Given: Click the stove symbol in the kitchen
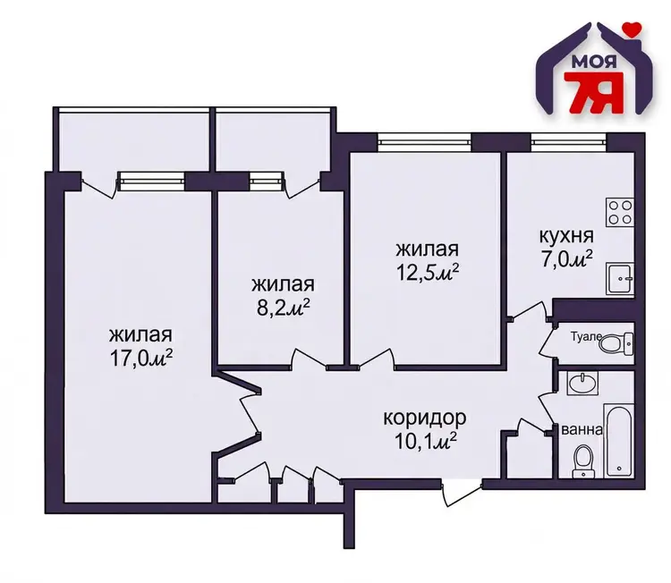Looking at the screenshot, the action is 619,213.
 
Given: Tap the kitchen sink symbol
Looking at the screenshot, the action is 620,279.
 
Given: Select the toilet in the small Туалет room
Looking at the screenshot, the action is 616,343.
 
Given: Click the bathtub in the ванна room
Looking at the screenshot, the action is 618,441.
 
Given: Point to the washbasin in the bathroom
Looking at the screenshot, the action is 582,382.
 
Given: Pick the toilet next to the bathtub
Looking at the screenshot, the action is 582,461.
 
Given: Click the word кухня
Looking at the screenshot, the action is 566,236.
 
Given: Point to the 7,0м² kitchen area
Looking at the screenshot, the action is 567,258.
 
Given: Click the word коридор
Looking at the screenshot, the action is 424,418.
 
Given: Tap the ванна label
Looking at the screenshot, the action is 582,429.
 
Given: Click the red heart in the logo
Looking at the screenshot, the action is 632,29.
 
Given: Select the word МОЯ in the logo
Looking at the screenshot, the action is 593,63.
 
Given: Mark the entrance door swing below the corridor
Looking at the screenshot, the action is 463,494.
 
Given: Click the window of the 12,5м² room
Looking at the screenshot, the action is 424,142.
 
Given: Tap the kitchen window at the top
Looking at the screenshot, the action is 569,142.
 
